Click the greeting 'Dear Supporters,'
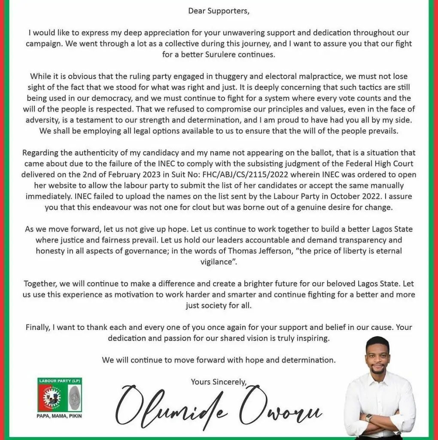click(x=219, y=11)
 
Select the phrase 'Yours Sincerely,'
click(x=219, y=381)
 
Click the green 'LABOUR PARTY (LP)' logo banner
click(x=59, y=381)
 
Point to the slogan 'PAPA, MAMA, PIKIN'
click(x=60, y=416)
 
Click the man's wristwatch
click(x=368, y=418)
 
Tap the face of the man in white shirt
click(x=378, y=357)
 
